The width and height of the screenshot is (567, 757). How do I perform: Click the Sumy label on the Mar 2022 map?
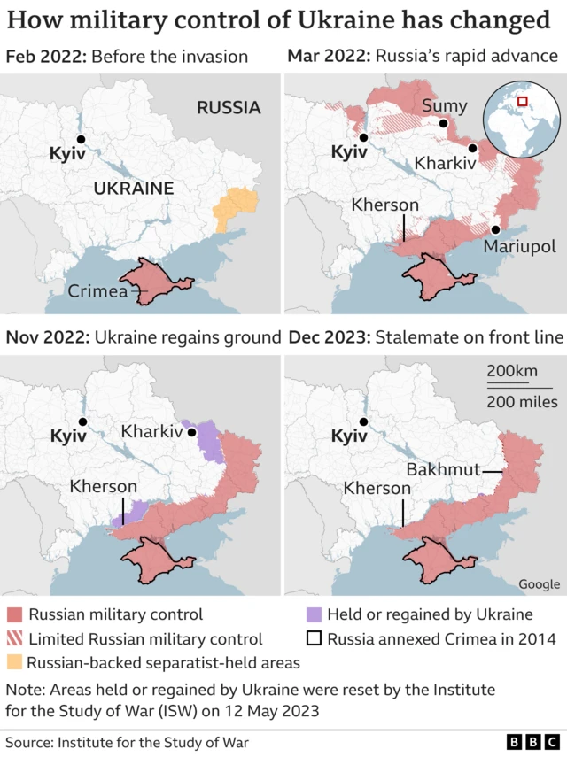click(x=445, y=106)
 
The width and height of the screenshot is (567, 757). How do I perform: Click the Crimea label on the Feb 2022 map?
click(x=97, y=290)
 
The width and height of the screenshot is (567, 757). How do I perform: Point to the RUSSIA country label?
click(x=229, y=108)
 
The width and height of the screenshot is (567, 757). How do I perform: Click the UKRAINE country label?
click(x=134, y=188)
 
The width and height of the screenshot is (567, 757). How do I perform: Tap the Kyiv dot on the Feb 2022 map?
click(x=81, y=139)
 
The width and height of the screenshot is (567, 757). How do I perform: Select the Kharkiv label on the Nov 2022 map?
click(x=151, y=433)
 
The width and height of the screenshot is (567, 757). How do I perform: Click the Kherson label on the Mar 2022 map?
click(x=384, y=205)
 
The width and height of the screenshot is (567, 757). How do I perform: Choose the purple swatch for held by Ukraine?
click(x=312, y=614)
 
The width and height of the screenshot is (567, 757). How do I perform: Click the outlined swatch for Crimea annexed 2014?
click(x=312, y=638)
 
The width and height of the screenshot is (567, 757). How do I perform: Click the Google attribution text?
click(x=539, y=583)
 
